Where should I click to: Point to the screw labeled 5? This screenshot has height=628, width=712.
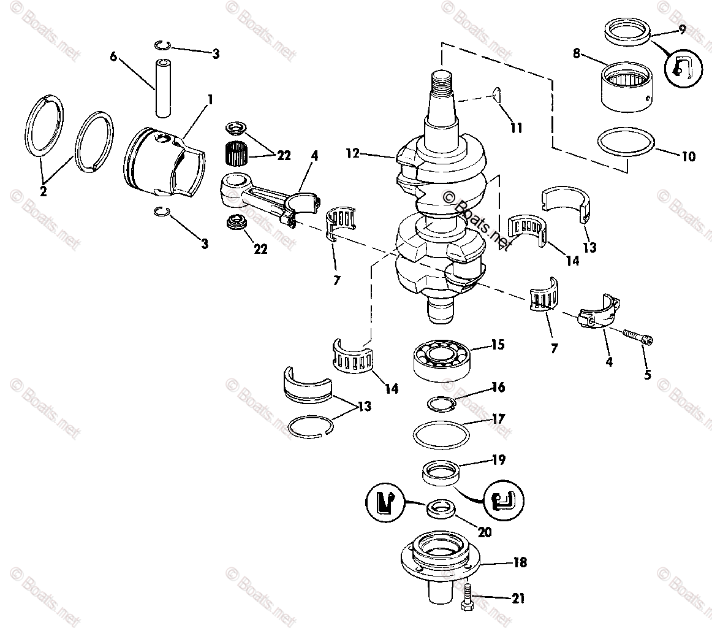(x=637, y=337)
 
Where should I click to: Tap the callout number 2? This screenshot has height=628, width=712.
(x=43, y=191)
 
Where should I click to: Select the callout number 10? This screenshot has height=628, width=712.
(x=688, y=156)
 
